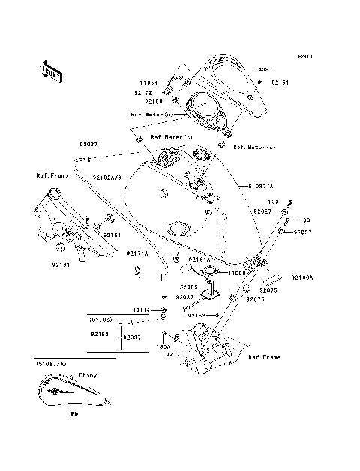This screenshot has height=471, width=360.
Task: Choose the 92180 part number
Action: [153, 100]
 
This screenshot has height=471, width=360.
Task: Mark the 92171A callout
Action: [136, 253]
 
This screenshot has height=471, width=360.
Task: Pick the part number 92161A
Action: [199, 259]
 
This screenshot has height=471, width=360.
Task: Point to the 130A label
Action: [163, 347]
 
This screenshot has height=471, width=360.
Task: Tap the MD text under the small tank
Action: [74, 412]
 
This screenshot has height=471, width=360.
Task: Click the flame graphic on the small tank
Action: [62, 391]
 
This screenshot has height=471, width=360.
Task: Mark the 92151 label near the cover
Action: [280, 82]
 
